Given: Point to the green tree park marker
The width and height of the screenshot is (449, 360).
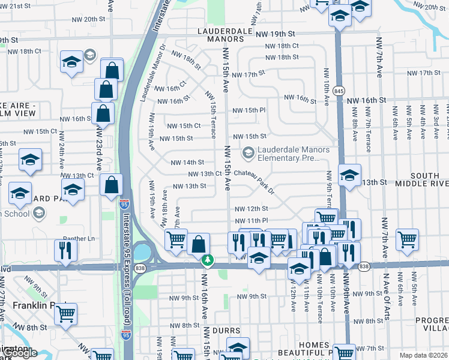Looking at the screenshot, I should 208,260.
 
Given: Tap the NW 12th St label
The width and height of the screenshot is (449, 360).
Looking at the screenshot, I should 251,209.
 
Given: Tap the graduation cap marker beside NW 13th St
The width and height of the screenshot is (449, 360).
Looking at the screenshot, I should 349,175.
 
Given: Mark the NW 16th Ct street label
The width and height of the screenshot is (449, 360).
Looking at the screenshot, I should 170,89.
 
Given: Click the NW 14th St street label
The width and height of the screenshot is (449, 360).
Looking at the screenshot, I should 187,163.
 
